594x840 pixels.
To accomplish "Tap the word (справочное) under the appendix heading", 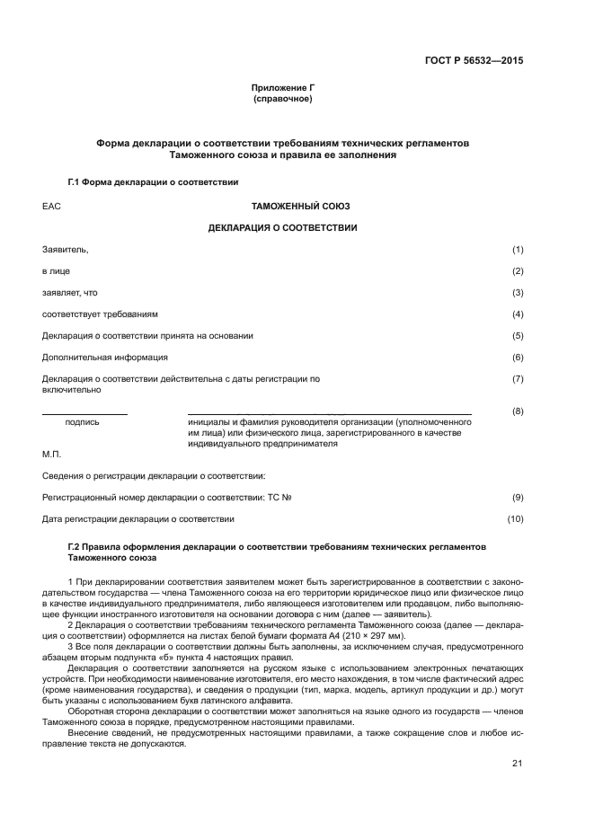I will [x=282, y=99].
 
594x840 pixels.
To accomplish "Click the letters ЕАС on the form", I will [x=50, y=206].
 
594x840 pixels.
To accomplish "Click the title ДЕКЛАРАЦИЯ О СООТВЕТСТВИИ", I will [x=282, y=227].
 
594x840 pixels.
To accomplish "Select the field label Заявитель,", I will [x=65, y=249].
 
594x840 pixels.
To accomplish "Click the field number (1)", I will [x=518, y=249].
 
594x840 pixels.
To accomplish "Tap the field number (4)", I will [x=518, y=314].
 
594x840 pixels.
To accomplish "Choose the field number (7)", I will [x=518, y=379].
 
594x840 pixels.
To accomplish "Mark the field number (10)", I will [x=516, y=518].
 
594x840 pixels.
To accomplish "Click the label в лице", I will [x=56, y=270].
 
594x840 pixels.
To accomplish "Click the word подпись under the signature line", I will [x=83, y=421].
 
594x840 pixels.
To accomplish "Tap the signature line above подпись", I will [x=84, y=413].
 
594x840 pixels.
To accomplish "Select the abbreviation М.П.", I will [x=52, y=454].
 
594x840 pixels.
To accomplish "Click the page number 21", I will [x=518, y=764].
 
